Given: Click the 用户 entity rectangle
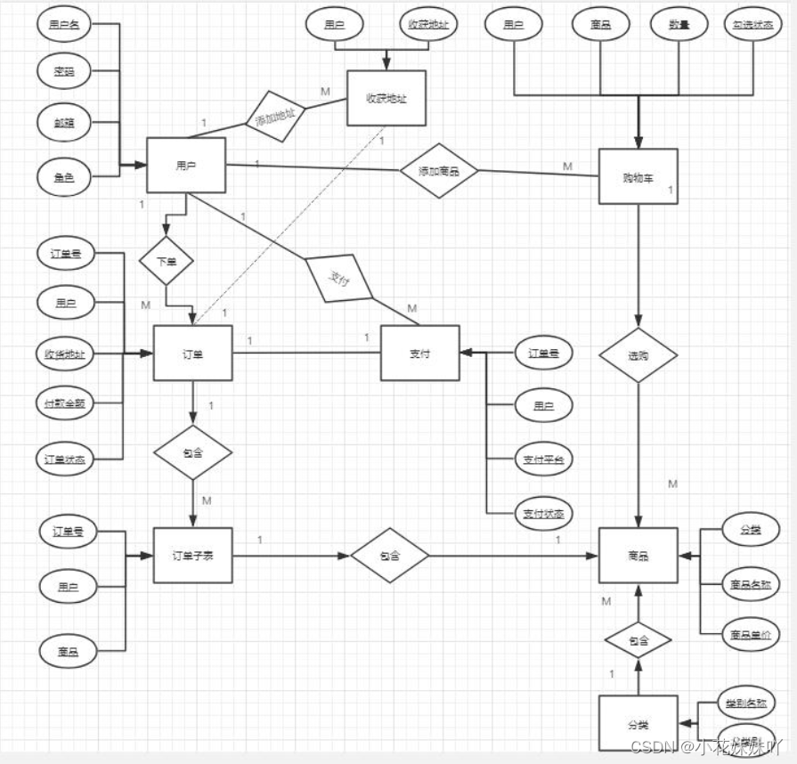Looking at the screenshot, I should click(x=185, y=165).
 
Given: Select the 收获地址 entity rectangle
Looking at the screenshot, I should click(x=386, y=98).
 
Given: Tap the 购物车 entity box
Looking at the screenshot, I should click(x=638, y=176).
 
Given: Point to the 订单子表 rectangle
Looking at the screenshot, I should click(x=193, y=557).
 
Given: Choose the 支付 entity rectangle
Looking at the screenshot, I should click(x=419, y=354).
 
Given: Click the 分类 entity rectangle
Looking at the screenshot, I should click(x=638, y=723).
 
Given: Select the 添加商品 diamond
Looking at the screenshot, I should click(x=439, y=170).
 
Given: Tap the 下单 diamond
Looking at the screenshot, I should click(x=167, y=261).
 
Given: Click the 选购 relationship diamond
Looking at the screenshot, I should click(x=638, y=355).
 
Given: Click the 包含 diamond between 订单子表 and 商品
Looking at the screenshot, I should click(x=389, y=557).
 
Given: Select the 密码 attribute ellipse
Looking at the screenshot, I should click(x=64, y=71).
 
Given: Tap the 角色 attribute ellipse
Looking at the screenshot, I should click(x=64, y=177).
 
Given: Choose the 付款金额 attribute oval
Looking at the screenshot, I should click(x=64, y=404).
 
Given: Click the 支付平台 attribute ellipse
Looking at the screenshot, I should click(x=543, y=459).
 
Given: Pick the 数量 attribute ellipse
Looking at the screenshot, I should click(x=679, y=24).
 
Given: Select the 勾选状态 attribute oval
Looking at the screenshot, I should click(x=752, y=24).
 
